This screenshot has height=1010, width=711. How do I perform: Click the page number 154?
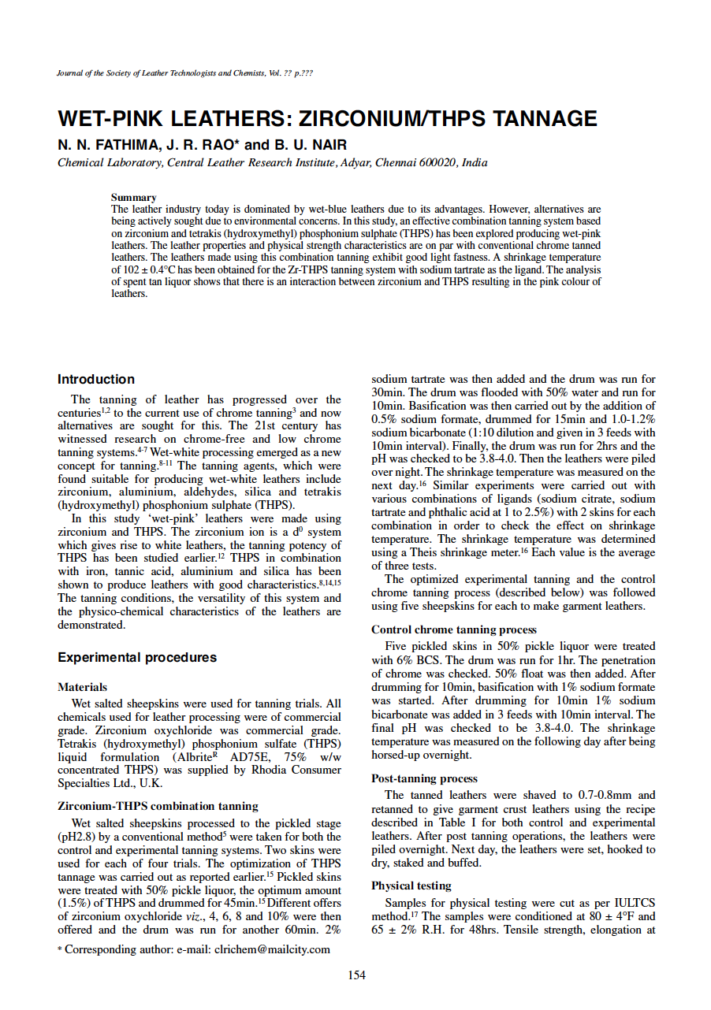(356, 975)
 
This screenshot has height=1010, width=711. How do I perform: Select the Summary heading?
(133, 197)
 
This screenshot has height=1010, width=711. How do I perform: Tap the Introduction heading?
(96, 379)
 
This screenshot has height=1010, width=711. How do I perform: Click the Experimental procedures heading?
(137, 657)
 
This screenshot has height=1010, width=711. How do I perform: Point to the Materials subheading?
(83, 687)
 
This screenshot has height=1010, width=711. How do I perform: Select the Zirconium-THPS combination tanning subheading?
(158, 806)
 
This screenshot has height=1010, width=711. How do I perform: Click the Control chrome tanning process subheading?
(453, 629)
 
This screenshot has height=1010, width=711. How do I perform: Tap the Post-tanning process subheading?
(424, 778)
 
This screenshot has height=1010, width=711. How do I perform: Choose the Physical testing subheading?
(411, 886)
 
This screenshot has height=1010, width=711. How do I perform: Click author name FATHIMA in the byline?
(115, 145)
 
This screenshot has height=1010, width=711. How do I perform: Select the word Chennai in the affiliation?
(396, 163)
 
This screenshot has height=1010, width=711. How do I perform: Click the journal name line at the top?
(185, 73)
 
